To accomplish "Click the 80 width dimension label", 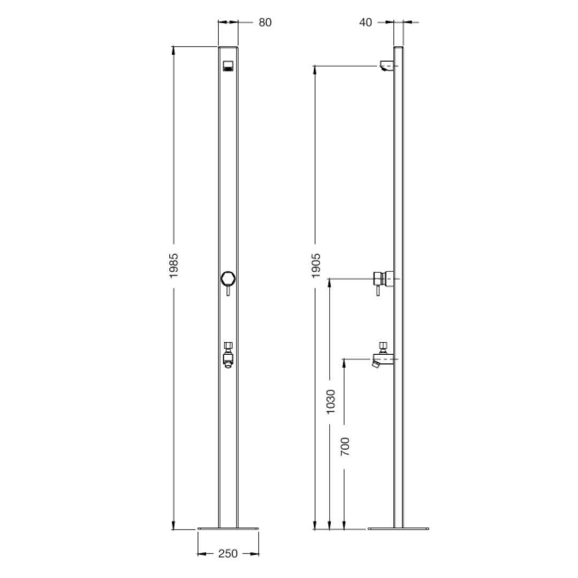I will point(265,22).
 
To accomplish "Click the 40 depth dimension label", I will point(366,22).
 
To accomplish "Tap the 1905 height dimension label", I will point(316,265).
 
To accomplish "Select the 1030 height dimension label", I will point(330,401).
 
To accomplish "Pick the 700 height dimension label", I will point(345,446).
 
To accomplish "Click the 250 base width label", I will point(228,553).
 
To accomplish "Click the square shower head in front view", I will point(228,66).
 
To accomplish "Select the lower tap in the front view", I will point(228,355).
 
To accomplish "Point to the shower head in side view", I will point(386,66).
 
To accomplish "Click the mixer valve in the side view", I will point(383,278).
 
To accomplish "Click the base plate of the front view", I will point(228,529).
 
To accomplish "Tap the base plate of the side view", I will point(398,529).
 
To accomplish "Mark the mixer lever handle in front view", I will point(228,291).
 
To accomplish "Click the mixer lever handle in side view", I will point(378,290).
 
